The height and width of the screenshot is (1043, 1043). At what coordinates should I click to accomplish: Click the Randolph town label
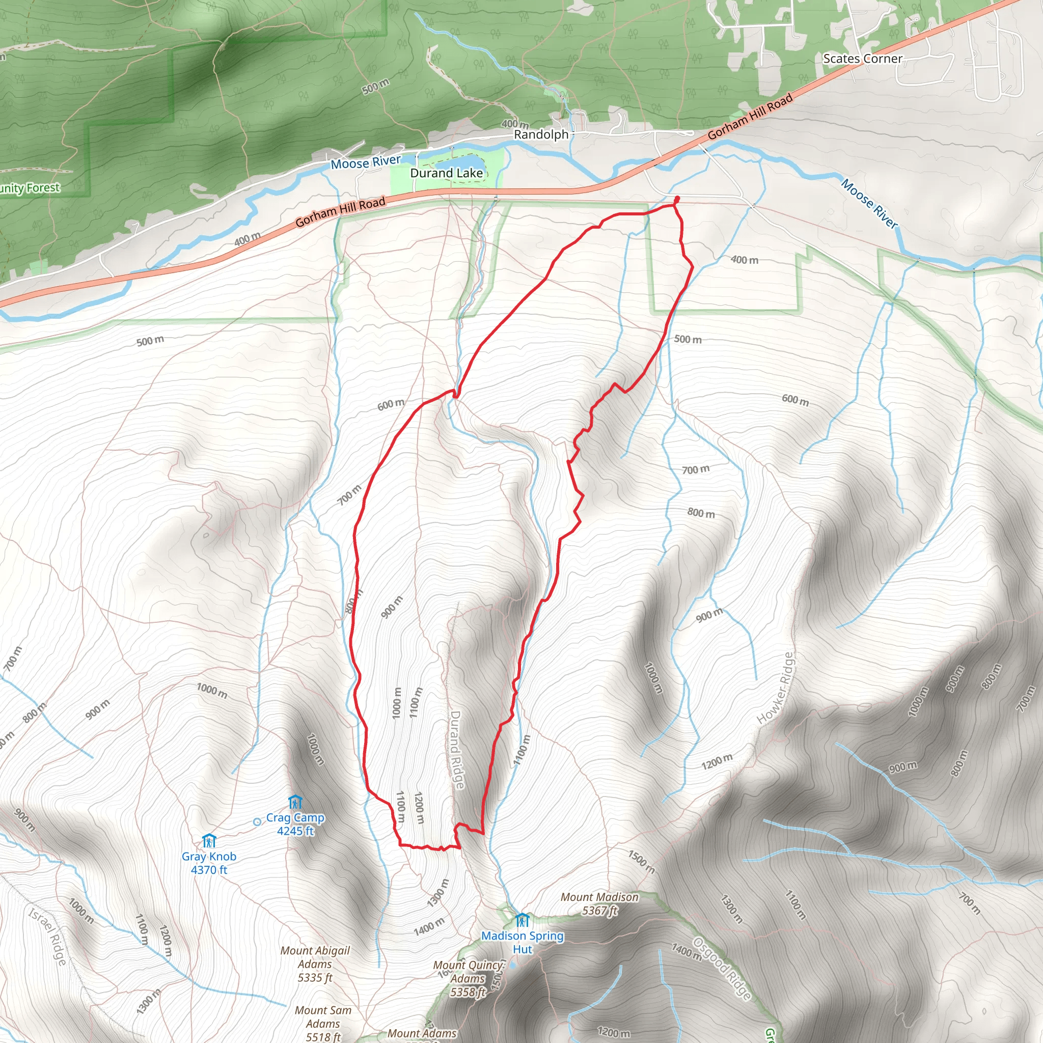pos(541,134)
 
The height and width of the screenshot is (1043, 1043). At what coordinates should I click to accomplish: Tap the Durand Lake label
pos(447,173)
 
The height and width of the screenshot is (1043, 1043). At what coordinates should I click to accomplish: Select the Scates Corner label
pos(862,59)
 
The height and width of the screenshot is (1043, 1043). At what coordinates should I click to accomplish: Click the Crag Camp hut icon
pos(295,802)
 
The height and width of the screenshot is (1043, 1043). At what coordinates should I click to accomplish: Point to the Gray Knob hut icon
pos(209,840)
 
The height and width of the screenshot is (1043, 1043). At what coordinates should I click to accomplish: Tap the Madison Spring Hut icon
pos(522,919)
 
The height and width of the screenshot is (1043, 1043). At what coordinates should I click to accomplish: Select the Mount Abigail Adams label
pos(315,964)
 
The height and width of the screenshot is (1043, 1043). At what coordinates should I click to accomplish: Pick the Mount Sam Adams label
pos(323,1023)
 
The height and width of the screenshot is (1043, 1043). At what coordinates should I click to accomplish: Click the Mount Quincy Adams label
pos(469,978)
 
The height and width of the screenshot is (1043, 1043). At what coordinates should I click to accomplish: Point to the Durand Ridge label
pos(457,750)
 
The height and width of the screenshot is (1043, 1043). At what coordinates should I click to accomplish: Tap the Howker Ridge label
pos(776,689)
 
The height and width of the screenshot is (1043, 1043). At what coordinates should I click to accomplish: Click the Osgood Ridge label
pos(722,969)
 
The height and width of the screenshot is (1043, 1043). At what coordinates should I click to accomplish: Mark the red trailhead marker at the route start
pos(676,200)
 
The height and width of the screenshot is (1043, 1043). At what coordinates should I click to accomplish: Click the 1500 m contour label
pos(641,862)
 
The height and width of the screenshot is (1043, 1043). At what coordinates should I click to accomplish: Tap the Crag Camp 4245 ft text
pos(295,825)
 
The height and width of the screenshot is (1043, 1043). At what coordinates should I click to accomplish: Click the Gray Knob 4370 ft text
pos(209,863)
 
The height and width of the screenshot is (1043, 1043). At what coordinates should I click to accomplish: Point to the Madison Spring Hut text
pos(523,942)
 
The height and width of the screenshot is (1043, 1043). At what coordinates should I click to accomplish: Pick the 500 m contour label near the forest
pos(375,85)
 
